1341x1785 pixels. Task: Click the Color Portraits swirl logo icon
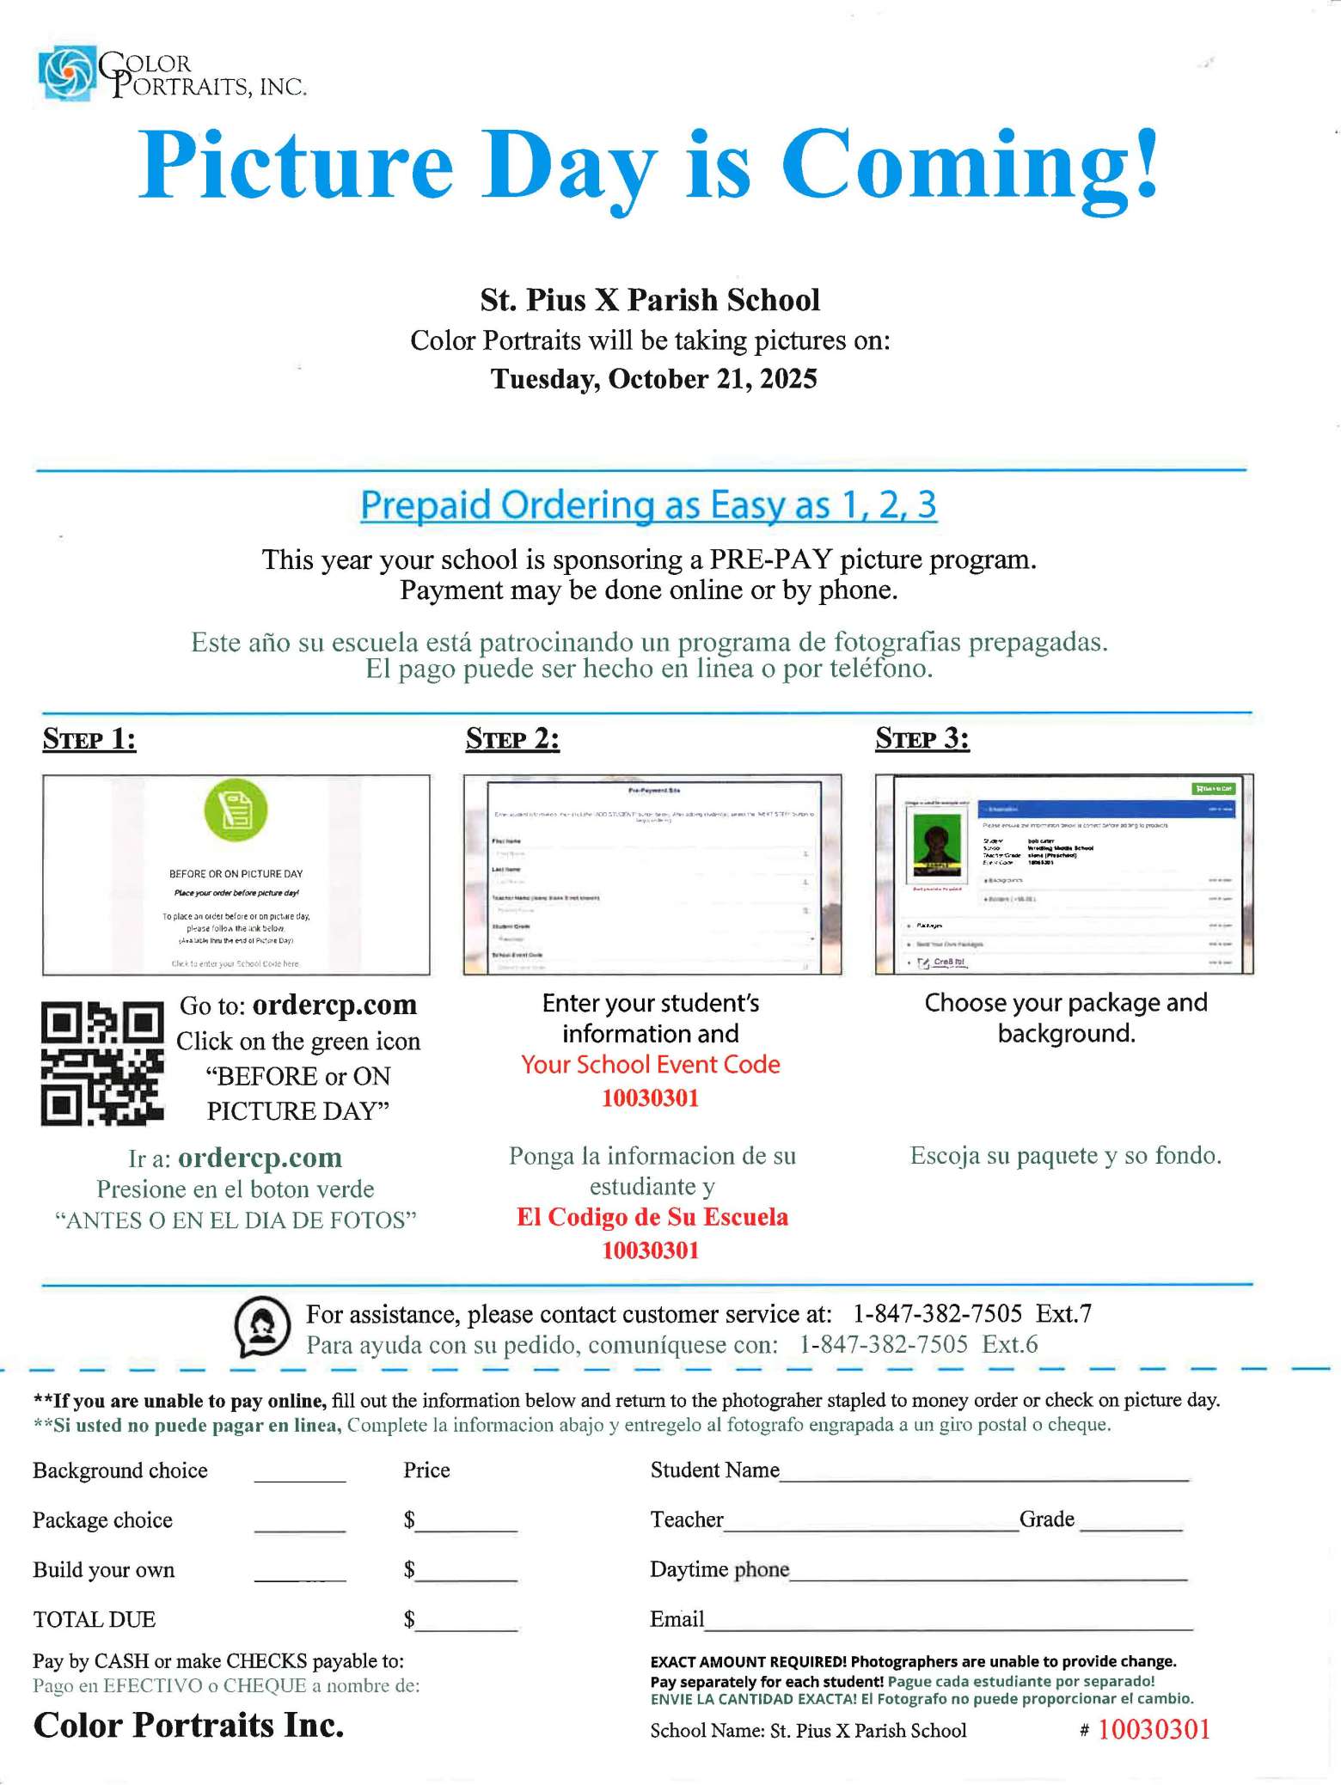pos(66,74)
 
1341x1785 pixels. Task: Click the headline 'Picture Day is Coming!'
pos(648,163)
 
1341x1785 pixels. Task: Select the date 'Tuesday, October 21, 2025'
pos(653,379)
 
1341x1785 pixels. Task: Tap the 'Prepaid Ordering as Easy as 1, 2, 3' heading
pos(648,504)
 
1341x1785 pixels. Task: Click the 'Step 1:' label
pos(89,739)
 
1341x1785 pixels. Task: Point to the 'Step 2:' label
pos(512,739)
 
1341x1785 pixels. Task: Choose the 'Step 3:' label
pos(922,739)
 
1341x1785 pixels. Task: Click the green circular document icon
pos(236,810)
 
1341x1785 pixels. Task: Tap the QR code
pos(102,1063)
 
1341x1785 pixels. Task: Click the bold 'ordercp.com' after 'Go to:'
pos(334,1005)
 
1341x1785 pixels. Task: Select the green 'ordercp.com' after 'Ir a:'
pos(260,1158)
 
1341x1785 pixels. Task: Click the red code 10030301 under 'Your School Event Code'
pos(651,1098)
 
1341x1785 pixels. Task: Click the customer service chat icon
pos(262,1327)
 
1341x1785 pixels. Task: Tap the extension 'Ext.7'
pos(1063,1314)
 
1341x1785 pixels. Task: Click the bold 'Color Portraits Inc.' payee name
pos(189,1725)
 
